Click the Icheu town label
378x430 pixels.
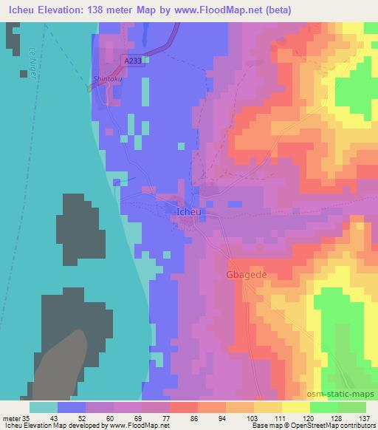pos(189,212)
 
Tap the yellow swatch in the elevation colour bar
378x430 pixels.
pos(295,407)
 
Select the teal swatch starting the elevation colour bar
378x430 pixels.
pos(44,407)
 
